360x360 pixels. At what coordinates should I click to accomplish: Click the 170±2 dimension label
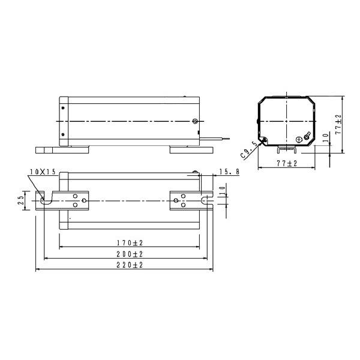(130, 242)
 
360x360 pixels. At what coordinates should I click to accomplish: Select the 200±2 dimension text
(130, 254)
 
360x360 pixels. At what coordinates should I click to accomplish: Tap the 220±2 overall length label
(130, 265)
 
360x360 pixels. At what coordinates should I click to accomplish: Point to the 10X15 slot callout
(43, 172)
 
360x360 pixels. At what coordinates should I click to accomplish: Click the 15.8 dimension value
(229, 172)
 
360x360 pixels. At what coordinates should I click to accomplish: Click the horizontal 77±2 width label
(287, 163)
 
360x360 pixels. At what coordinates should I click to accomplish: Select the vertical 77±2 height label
(338, 124)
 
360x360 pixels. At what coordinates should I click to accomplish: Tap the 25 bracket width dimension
(21, 200)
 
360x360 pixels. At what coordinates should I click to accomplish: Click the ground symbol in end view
(299, 139)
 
